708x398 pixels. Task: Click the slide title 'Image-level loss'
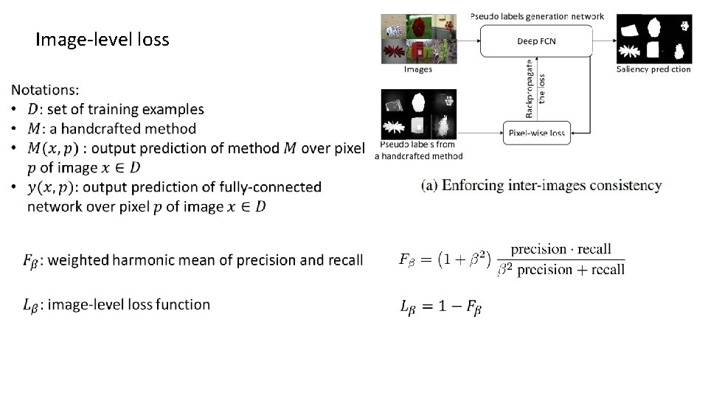pyautogui.click(x=102, y=40)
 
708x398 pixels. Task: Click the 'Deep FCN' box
pyautogui.click(x=536, y=41)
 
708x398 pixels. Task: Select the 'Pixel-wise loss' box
pyautogui.click(x=536, y=133)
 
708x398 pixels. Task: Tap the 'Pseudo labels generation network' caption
pyautogui.click(x=536, y=16)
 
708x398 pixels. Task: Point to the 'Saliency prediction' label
pyautogui.click(x=653, y=69)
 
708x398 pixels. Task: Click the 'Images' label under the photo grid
pyautogui.click(x=418, y=69)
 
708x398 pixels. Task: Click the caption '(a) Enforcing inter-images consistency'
pyautogui.click(x=541, y=186)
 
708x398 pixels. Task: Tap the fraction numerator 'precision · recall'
pyautogui.click(x=561, y=249)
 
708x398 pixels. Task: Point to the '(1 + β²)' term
pyautogui.click(x=465, y=259)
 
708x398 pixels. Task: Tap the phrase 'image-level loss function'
pyautogui.click(x=128, y=304)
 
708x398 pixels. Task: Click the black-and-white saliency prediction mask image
pyautogui.click(x=654, y=38)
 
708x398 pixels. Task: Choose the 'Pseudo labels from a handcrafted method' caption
pyautogui.click(x=418, y=150)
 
